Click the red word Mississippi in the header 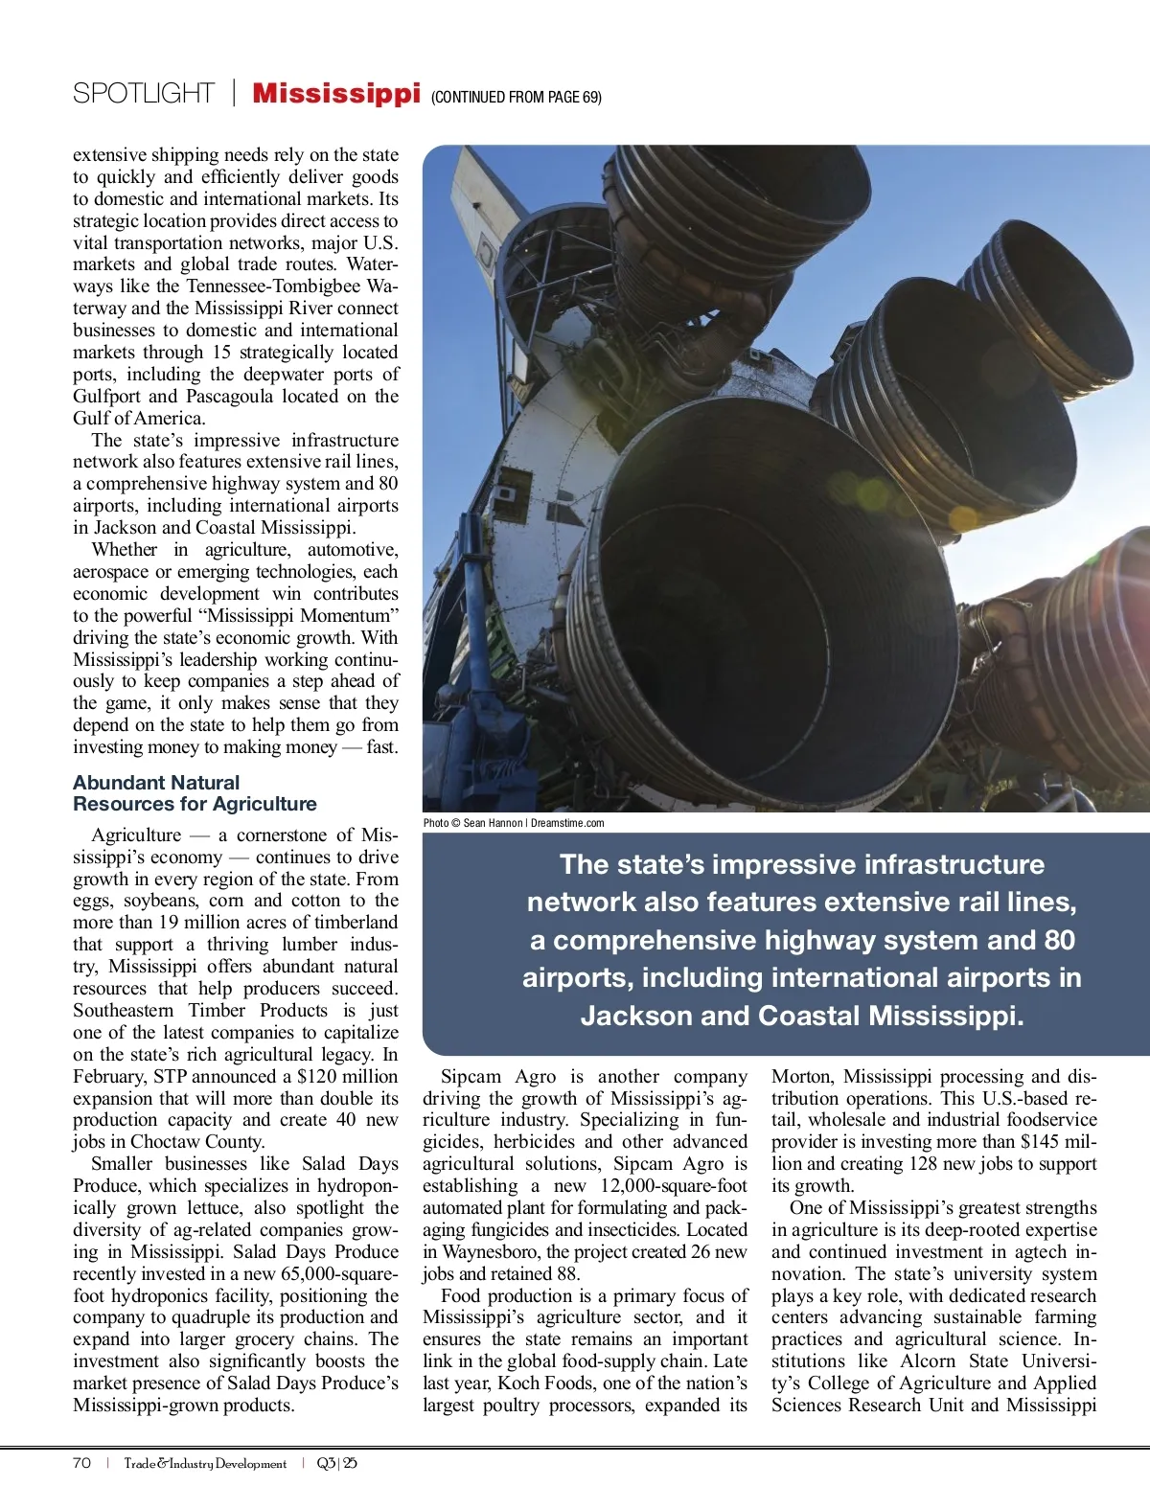[336, 94]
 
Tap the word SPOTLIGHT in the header [144, 94]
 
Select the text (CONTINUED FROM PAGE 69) [517, 97]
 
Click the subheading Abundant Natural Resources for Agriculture [195, 793]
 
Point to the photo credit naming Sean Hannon [514, 823]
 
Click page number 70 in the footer [82, 1463]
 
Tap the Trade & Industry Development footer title [205, 1463]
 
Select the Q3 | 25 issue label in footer [336, 1463]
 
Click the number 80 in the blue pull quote [1059, 940]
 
